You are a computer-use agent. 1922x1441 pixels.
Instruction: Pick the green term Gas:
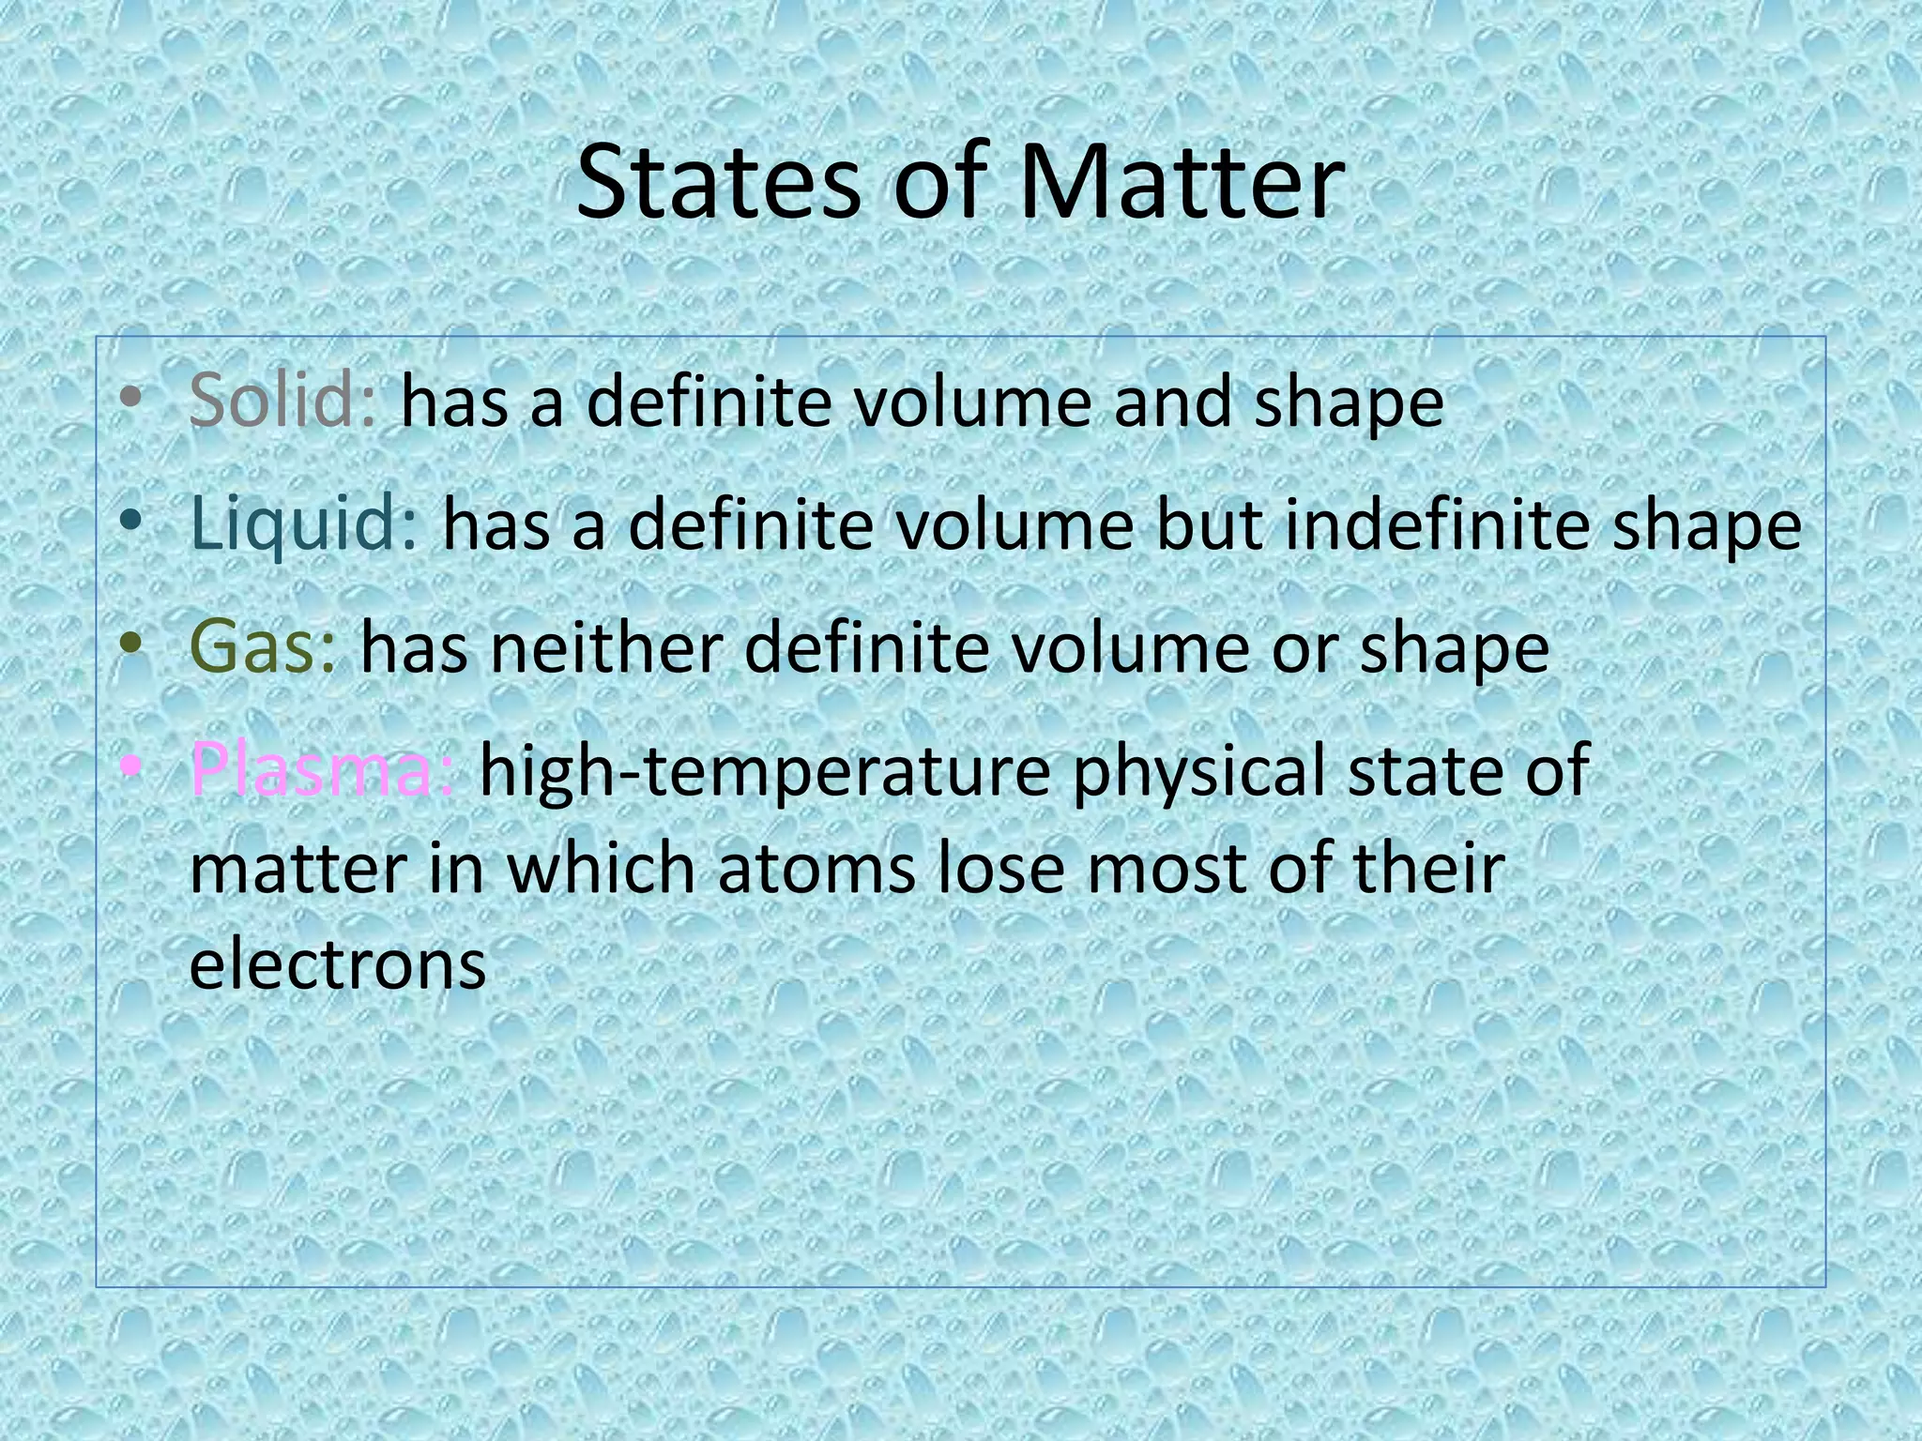tap(263, 647)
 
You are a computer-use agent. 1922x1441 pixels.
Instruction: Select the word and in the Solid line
tap(1170, 401)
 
